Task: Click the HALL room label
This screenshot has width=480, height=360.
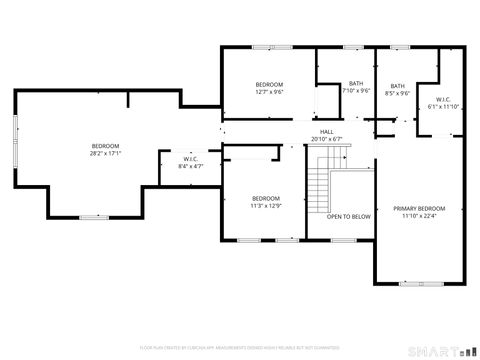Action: click(x=326, y=131)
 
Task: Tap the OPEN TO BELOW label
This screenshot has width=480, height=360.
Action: click(x=349, y=217)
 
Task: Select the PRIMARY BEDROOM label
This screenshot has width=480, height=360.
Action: click(x=418, y=208)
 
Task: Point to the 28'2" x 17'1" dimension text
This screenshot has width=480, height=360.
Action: click(x=105, y=154)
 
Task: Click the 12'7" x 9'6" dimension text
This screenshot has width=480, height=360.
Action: click(x=269, y=91)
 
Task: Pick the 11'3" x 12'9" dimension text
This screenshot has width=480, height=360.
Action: click(x=266, y=205)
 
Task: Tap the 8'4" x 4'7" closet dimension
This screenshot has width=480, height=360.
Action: click(x=190, y=165)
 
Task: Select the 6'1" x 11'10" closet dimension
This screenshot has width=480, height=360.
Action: click(x=442, y=106)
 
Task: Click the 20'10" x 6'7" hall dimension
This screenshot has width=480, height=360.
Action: click(x=326, y=139)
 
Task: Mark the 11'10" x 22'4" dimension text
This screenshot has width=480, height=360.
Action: click(x=418, y=216)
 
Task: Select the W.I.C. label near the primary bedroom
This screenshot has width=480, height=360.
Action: click(x=442, y=99)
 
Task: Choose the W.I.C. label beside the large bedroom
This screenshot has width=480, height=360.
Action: click(x=190, y=158)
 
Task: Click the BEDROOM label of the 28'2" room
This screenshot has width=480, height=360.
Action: click(x=105, y=146)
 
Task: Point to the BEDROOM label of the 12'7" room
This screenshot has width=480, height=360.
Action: click(x=269, y=83)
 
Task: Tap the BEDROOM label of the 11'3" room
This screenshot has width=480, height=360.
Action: click(x=266, y=197)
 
